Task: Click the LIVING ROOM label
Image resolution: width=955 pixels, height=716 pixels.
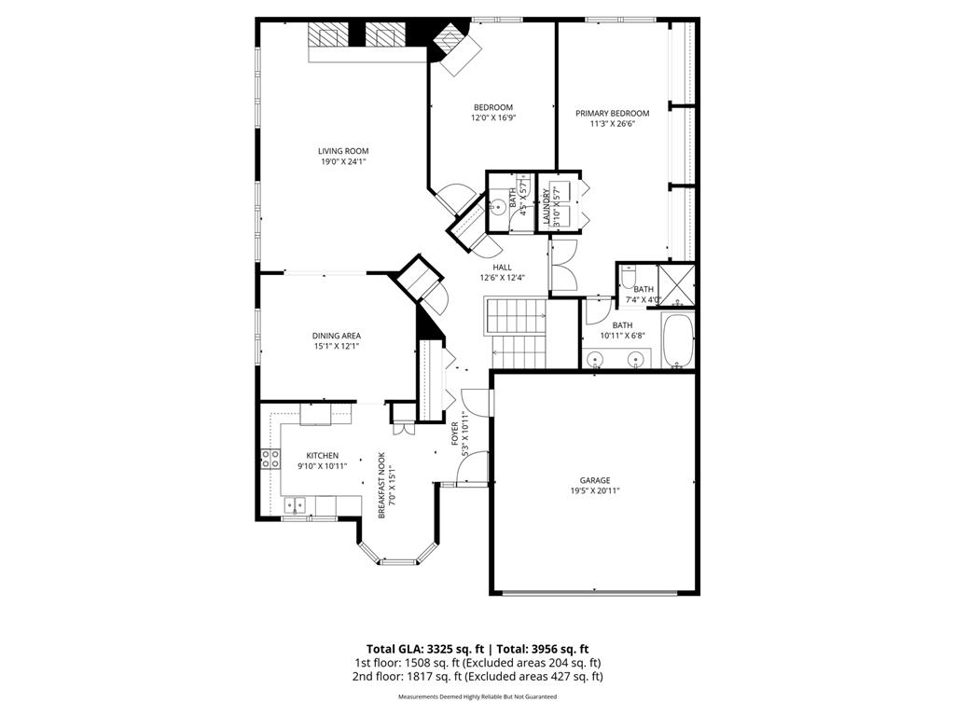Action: pyautogui.click(x=342, y=151)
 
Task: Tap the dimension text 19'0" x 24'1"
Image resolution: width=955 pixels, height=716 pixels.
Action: pyautogui.click(x=342, y=161)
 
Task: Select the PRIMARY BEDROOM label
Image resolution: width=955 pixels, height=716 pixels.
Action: pyautogui.click(x=612, y=114)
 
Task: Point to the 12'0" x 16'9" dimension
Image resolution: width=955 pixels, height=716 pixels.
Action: pyautogui.click(x=492, y=118)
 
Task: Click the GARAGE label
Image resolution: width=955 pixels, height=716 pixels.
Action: pyautogui.click(x=595, y=481)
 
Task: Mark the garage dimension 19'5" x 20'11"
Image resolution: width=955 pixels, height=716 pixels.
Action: pyautogui.click(x=595, y=491)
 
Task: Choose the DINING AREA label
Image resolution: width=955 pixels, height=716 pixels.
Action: pyautogui.click(x=336, y=336)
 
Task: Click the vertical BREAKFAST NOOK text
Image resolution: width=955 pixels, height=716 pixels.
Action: pyautogui.click(x=381, y=485)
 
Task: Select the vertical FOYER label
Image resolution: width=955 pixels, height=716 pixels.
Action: pyautogui.click(x=455, y=433)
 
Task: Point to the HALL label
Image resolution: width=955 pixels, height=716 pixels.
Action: pyautogui.click(x=503, y=267)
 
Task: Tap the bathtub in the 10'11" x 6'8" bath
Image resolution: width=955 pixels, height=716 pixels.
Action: pyautogui.click(x=677, y=342)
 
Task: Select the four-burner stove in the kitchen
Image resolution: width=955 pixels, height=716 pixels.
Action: pyautogui.click(x=270, y=458)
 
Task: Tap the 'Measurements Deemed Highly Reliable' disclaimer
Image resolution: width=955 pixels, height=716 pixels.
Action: pyautogui.click(x=477, y=697)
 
